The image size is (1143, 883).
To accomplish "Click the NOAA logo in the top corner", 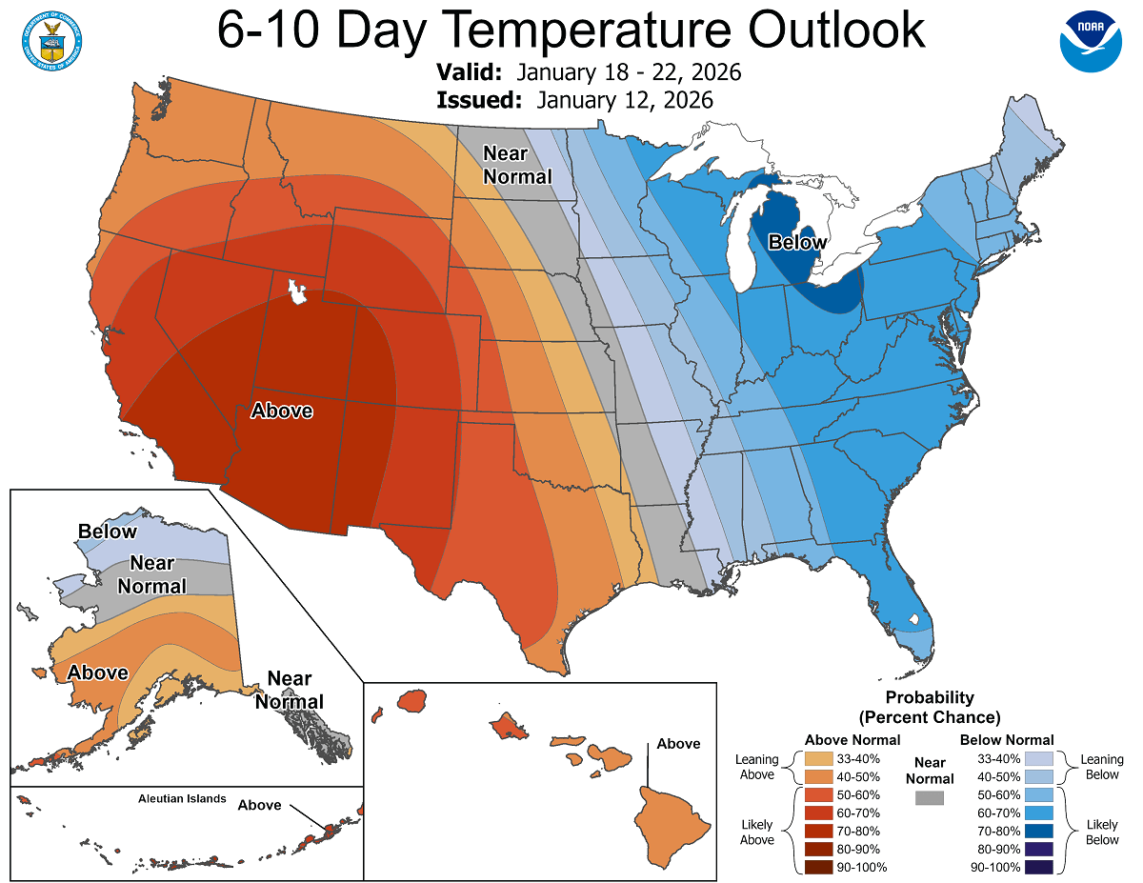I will [x=1091, y=41].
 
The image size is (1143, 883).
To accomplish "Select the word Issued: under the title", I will [x=480, y=100].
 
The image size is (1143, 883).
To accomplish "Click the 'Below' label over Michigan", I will [x=797, y=243].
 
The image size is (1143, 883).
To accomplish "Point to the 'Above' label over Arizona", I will [x=281, y=411].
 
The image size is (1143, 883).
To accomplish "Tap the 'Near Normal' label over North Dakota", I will [x=517, y=165].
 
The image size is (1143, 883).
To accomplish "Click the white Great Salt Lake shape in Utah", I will [x=298, y=291].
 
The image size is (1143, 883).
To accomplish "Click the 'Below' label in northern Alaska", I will [x=108, y=532].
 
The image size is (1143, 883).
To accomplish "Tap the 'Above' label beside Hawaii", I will [x=678, y=743].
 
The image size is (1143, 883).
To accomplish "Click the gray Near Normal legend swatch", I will [x=930, y=798].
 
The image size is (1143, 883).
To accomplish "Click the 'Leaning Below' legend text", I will [x=1102, y=767].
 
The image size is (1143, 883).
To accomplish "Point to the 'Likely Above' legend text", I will [x=756, y=831].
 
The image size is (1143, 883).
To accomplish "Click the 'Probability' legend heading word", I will [x=930, y=697].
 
